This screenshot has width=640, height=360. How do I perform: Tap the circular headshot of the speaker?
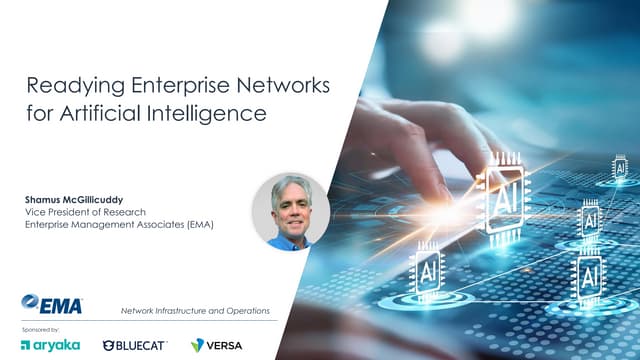(x=290, y=211)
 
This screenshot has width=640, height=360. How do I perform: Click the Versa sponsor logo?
(x=216, y=345)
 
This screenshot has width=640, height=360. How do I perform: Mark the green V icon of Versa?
(x=198, y=345)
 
